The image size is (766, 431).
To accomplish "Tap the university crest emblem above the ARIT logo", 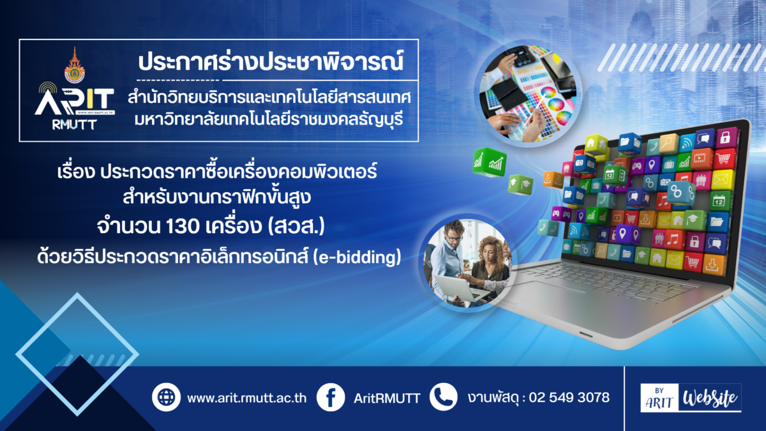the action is pos(75,66).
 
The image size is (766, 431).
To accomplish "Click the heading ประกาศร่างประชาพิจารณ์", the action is pos(271,61).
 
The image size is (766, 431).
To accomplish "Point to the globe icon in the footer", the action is pos(166,397).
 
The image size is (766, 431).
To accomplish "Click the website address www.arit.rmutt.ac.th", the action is pos(246,398).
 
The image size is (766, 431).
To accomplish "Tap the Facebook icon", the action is pos(331,397).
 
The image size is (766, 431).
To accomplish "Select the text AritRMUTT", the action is pos(387,398).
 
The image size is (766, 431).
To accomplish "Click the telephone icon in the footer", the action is pos(444,397).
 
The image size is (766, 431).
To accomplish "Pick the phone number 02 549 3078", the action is pos(569,397).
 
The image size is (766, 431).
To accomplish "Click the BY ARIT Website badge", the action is pos(691,398).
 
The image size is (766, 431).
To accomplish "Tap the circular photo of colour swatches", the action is pos(529,94).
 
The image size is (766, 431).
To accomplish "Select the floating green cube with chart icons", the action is pos(490,162).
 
